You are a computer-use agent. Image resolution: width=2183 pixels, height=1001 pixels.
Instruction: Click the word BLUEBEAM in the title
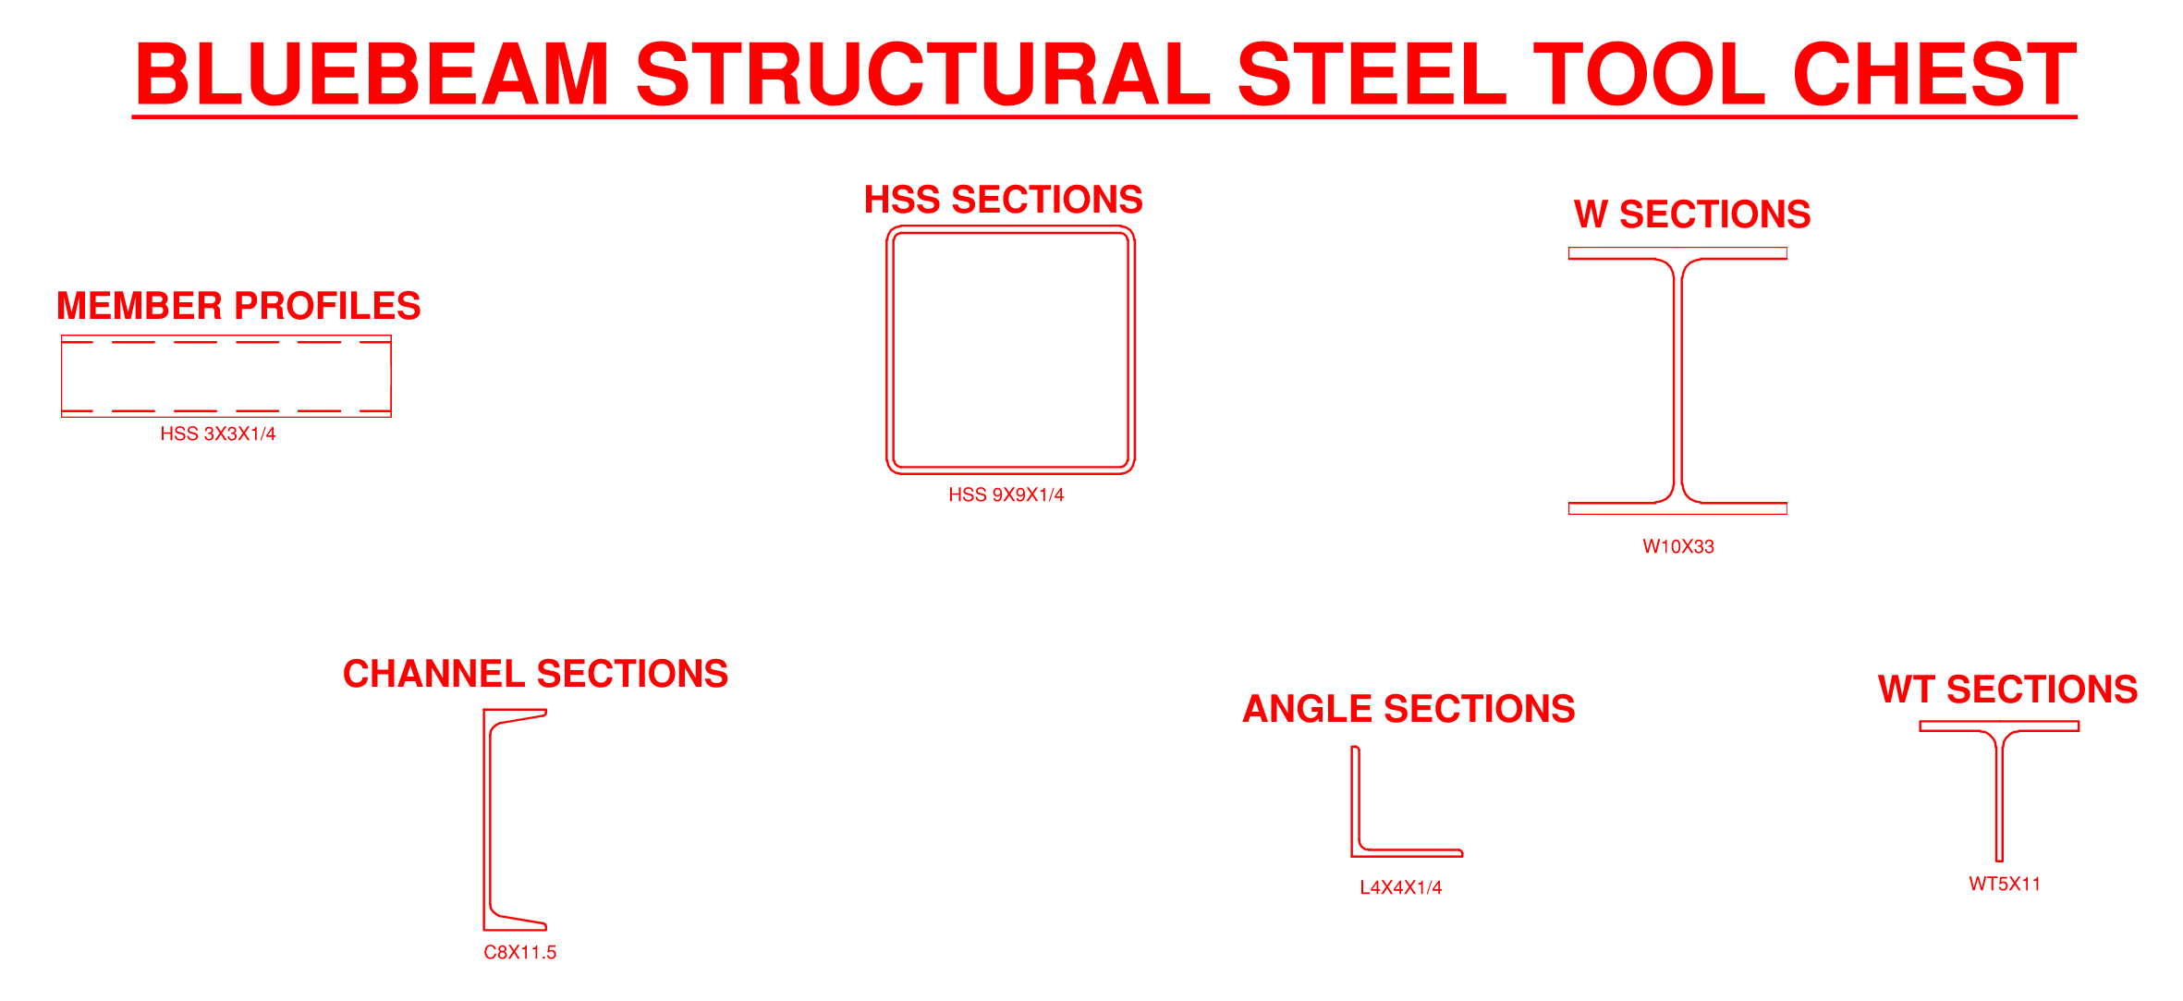point(372,74)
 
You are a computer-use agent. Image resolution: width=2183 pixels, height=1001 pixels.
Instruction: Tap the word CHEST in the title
point(1934,74)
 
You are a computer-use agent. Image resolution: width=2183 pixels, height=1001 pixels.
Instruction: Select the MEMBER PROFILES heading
point(238,306)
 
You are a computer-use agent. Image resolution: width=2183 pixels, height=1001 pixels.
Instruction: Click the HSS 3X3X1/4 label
point(218,433)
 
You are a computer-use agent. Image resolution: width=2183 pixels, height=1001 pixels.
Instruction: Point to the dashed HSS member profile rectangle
point(226,376)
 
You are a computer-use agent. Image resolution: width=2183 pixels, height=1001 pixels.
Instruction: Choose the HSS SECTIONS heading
point(1003,200)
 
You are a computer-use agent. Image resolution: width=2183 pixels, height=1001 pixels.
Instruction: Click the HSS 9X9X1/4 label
point(1006,494)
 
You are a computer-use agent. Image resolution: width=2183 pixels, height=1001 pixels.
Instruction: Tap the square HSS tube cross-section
point(1010,350)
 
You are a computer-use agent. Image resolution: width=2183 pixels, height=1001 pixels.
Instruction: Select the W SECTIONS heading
point(1692,214)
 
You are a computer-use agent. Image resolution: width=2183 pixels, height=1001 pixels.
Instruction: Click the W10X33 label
point(1678,546)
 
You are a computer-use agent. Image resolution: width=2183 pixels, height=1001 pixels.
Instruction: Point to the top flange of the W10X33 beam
point(1677,253)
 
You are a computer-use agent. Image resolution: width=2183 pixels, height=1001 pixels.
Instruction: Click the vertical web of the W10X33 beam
point(1678,381)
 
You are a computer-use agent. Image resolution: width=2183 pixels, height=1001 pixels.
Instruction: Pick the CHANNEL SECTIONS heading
point(535,674)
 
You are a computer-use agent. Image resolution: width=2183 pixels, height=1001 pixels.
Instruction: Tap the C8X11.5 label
point(520,952)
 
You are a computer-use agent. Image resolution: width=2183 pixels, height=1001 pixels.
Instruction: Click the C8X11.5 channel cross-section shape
point(515,820)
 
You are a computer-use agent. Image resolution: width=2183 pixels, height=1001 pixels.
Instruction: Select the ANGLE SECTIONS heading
point(1409,709)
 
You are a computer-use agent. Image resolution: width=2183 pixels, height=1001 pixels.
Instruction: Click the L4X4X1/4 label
point(1401,887)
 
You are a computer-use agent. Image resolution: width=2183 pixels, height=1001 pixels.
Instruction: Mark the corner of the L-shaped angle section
point(1353,855)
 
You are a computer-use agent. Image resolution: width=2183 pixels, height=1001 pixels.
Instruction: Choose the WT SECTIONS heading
point(2007,690)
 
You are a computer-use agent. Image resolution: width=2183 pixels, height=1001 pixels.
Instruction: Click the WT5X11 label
point(2005,884)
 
